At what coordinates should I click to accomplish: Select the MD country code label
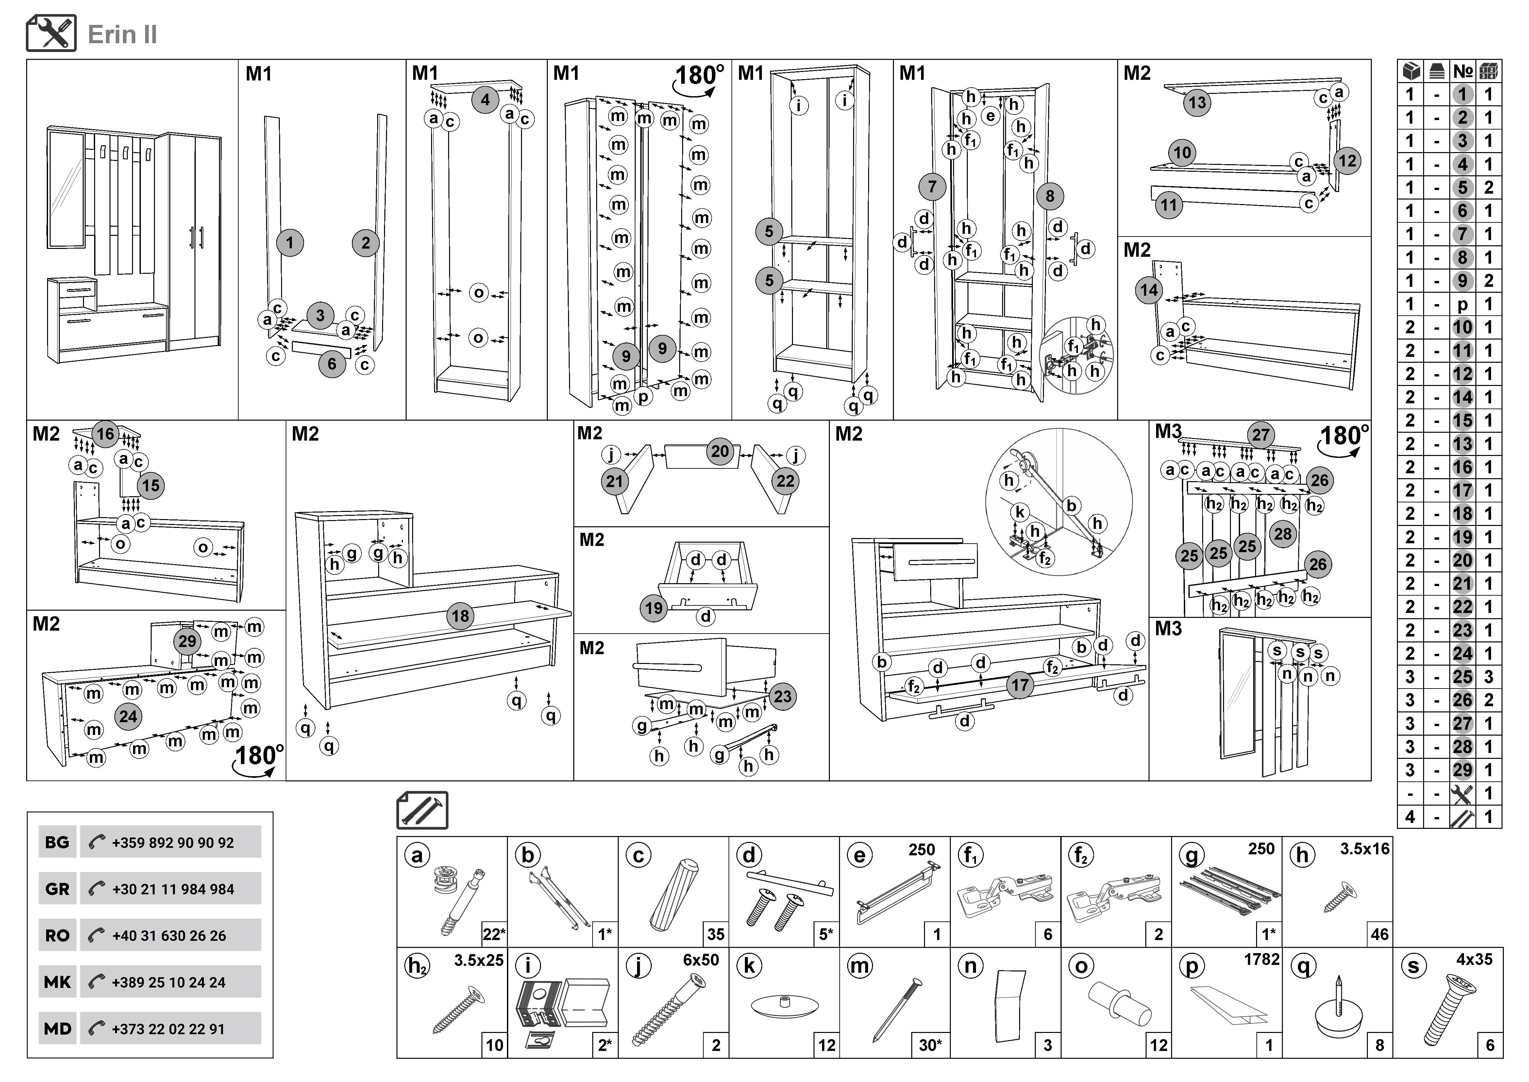tap(57, 1029)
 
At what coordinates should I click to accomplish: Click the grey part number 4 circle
tap(485, 100)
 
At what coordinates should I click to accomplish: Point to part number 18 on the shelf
tap(460, 616)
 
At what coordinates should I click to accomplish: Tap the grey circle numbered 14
tap(1149, 290)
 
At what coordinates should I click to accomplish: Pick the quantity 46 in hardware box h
tap(1379, 935)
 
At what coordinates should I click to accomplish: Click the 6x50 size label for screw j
tap(700, 960)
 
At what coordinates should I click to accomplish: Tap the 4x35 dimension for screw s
tap(1474, 959)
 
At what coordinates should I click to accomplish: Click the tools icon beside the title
tap(51, 33)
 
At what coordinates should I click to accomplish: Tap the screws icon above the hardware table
tap(422, 810)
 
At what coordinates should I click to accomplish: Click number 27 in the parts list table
tap(1462, 724)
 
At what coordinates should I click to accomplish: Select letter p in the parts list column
tap(1462, 305)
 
